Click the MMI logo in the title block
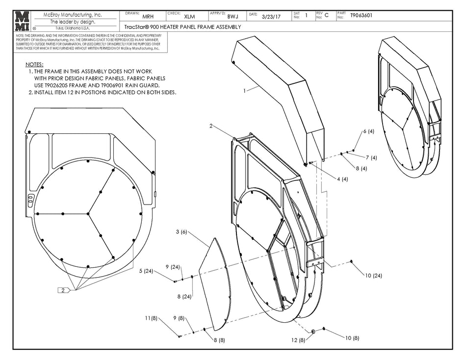(22, 21)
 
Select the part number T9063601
(362, 16)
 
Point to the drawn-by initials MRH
(148, 17)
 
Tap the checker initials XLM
(189, 17)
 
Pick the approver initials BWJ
(232, 17)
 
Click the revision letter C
(327, 16)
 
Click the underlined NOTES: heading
(34, 64)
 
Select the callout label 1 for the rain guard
(244, 90)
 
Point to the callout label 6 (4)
(368, 131)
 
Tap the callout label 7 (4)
(371, 157)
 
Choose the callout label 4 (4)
(342, 179)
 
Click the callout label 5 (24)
(147, 271)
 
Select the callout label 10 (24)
(373, 276)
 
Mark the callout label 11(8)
(150, 319)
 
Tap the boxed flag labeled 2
(63, 290)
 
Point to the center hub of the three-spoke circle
(88, 213)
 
